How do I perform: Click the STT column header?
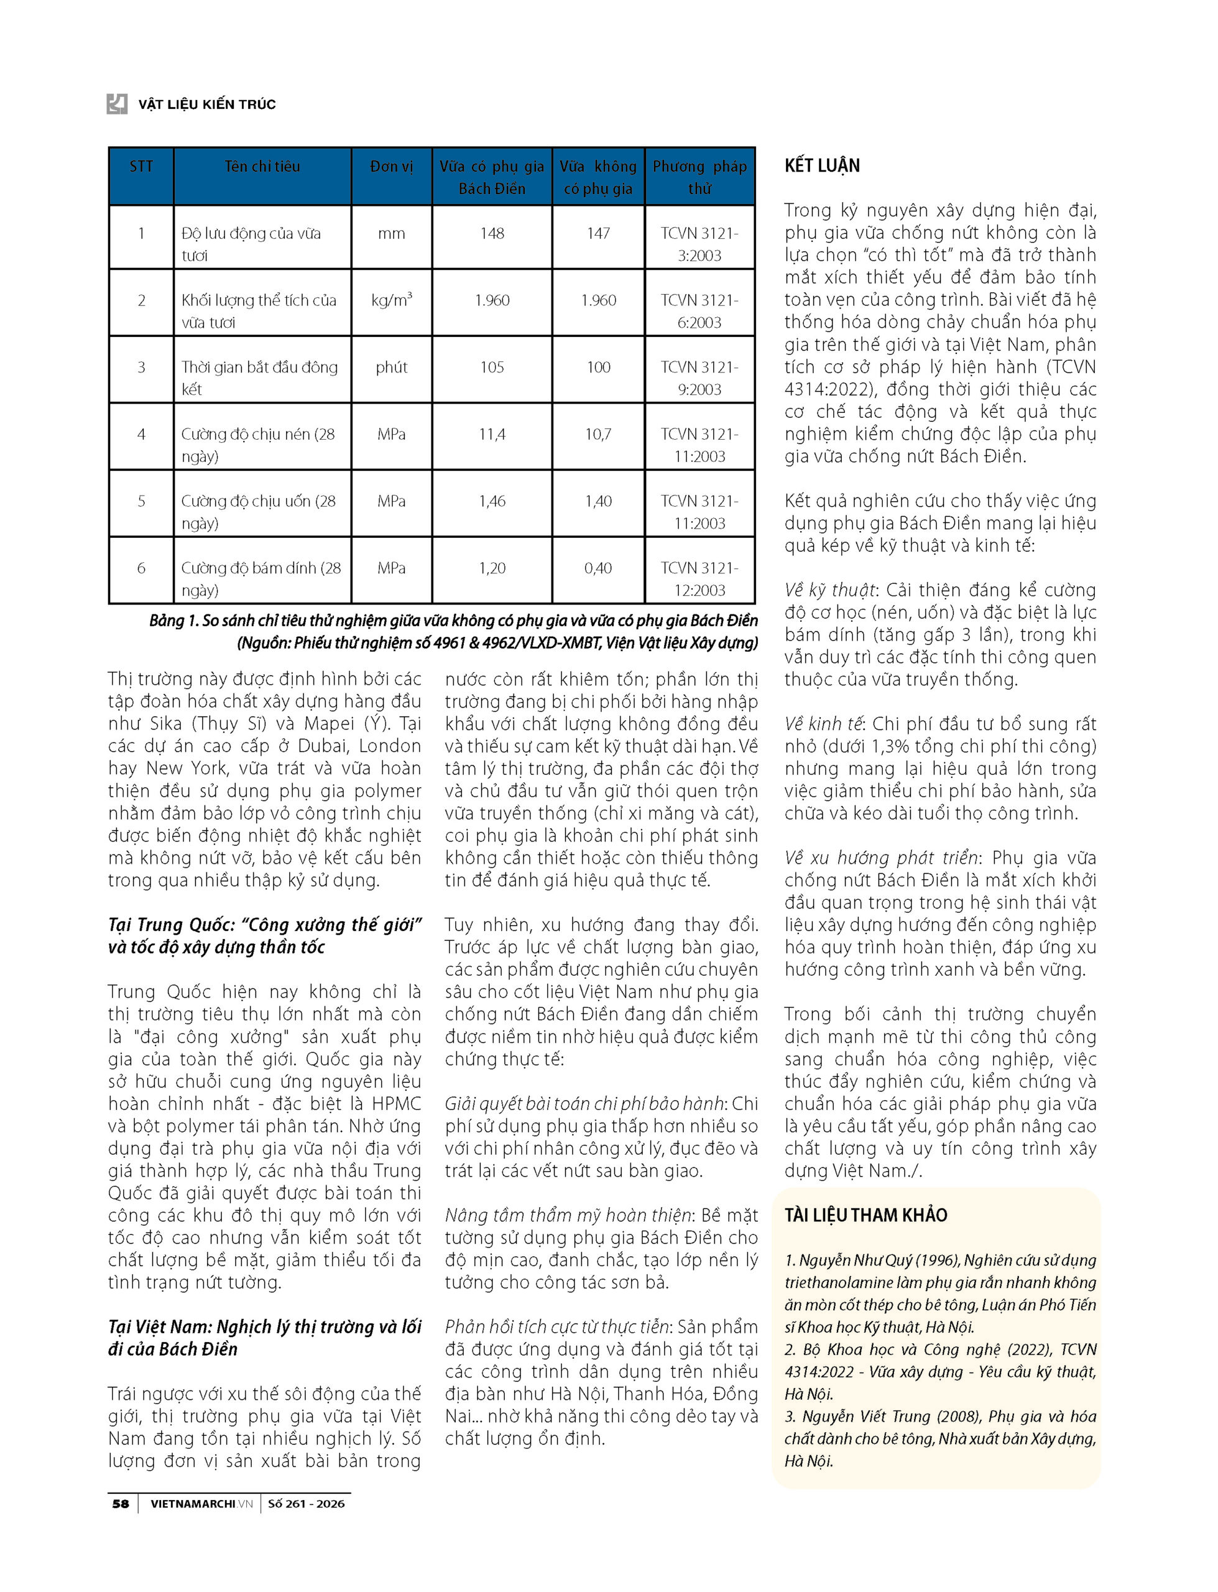[x=141, y=166]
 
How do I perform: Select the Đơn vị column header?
[x=392, y=166]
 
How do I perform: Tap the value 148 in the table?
[x=492, y=233]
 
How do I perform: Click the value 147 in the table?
[x=598, y=233]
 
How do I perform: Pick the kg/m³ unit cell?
[x=392, y=300]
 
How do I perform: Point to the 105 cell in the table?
[x=492, y=367]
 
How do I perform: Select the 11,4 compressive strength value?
[x=492, y=434]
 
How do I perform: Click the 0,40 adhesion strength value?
[x=598, y=568]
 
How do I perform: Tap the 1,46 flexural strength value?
[x=492, y=501]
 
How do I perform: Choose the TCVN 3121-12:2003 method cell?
[x=699, y=578]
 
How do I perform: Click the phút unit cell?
[x=392, y=367]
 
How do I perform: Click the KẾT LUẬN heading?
[x=822, y=166]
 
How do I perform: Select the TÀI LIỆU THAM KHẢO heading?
[x=865, y=1216]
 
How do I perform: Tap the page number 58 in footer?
[x=121, y=1504]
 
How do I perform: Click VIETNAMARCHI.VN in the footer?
[x=201, y=1504]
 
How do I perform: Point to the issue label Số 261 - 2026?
[x=306, y=1504]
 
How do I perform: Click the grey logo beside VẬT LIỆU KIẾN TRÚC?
[x=117, y=104]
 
